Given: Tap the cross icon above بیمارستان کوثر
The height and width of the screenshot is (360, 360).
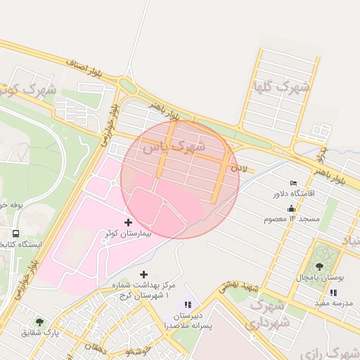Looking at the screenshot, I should click(x=128, y=222).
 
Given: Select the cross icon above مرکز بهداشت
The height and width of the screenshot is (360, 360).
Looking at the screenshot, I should click(x=144, y=274).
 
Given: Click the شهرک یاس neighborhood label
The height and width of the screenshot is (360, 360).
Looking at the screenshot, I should click(x=173, y=147).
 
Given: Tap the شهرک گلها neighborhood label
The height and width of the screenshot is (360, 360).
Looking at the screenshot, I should click(x=281, y=88).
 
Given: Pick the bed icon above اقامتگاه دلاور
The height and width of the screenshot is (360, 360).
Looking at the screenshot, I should click(x=293, y=183).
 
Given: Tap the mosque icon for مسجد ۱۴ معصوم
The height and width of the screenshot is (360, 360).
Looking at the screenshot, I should click(x=291, y=209).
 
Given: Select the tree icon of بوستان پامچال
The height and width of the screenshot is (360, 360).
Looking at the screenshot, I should click(x=320, y=267).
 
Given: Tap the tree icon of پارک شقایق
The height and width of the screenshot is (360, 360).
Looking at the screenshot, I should click(x=39, y=322).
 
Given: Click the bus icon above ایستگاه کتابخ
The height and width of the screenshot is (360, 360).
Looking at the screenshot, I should click(x=15, y=234).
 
